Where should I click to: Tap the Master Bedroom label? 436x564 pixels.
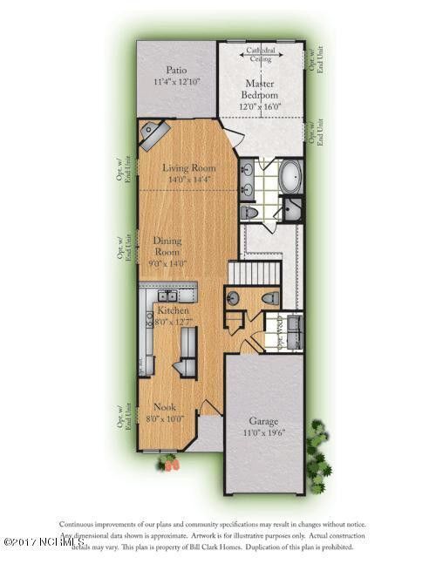click(259, 89)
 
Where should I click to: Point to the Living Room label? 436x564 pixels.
click(187, 168)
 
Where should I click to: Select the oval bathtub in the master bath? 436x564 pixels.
click(290, 177)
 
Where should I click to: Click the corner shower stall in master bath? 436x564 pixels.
click(292, 209)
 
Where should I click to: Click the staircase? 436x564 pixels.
click(254, 272)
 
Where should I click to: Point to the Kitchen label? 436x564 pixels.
click(173, 310)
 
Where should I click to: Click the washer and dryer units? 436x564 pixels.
click(290, 330)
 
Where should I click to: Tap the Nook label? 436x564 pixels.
click(165, 407)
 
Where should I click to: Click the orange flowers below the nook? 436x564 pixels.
click(167, 465)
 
